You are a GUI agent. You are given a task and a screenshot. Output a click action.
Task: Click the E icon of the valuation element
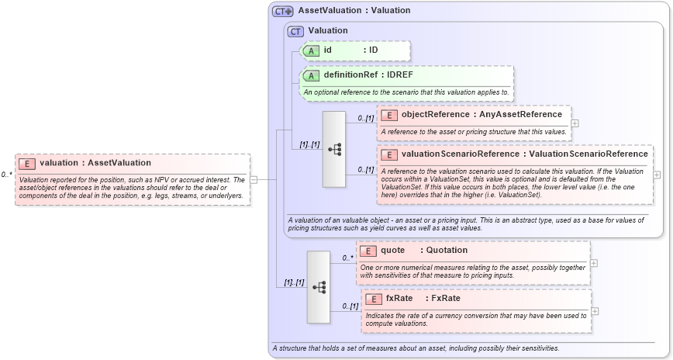point(27,163)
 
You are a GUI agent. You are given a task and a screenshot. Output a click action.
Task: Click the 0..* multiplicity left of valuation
point(6,175)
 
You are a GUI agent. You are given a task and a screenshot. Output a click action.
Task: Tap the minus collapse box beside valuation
point(253,179)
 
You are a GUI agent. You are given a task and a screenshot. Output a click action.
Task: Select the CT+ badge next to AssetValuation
point(282,11)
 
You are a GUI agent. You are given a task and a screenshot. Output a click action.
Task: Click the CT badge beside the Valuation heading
point(295,31)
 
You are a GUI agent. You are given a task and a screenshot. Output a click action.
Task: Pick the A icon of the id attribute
point(312,50)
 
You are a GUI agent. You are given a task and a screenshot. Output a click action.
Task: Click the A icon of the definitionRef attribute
point(312,75)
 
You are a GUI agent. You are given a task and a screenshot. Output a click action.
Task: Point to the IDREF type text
point(400,75)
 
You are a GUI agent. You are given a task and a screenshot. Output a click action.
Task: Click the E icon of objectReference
point(389,115)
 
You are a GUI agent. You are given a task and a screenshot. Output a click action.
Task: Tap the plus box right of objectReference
point(575,123)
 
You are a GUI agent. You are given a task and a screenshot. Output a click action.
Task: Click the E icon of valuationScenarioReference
point(389,154)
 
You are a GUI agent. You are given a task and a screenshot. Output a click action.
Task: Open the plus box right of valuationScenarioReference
point(657,175)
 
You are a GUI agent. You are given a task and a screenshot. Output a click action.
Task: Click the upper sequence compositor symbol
point(334,149)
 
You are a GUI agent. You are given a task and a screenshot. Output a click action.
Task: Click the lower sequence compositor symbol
point(319,287)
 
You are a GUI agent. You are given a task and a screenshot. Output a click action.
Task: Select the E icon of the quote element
point(369,251)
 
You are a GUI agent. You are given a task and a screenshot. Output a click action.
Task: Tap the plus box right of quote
point(594,262)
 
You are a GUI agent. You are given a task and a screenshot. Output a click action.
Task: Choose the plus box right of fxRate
point(595,311)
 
